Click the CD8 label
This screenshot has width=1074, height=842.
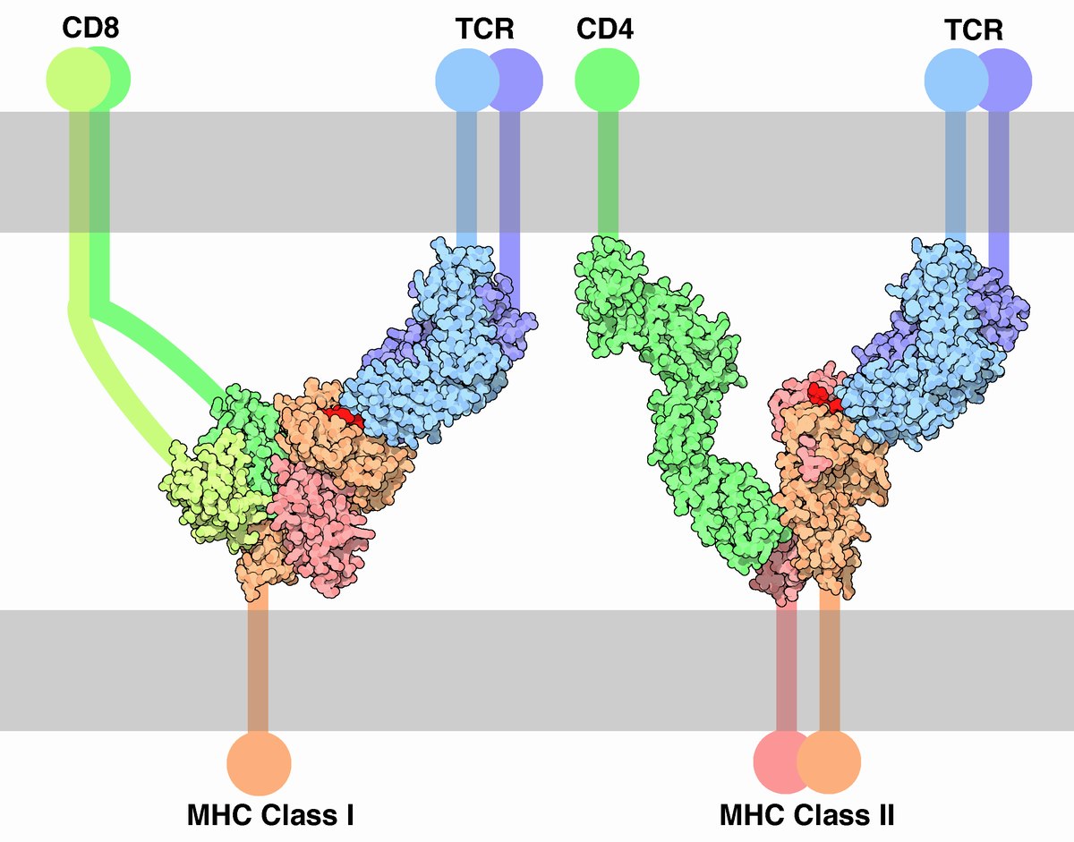[90, 28]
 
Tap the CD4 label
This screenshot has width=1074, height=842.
[605, 29]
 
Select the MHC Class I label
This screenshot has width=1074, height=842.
[270, 815]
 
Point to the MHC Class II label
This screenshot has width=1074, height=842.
[806, 815]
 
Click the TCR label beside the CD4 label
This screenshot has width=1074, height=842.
[484, 29]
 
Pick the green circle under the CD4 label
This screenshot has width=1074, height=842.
[607, 80]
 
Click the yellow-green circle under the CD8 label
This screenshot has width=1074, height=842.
[78, 79]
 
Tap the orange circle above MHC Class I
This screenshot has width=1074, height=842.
[259, 763]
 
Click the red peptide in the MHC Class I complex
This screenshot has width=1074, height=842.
[344, 415]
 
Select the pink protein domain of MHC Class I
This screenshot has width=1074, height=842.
[321, 523]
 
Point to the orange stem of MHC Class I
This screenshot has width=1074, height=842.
[258, 665]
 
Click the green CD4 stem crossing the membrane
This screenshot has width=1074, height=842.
[608, 173]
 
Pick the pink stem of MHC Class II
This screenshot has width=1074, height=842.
[787, 668]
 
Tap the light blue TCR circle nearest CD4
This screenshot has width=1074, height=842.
[467, 80]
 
